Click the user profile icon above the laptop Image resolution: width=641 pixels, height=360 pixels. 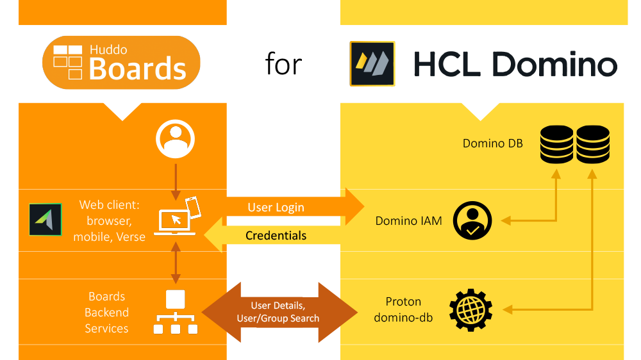click(175, 140)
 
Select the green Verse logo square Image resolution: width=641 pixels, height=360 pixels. click(46, 220)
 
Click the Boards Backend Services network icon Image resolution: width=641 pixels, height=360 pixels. click(175, 313)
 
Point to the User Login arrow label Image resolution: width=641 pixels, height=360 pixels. click(276, 208)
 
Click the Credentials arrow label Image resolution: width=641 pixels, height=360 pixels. click(276, 236)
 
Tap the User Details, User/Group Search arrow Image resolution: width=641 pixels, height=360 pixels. click(279, 312)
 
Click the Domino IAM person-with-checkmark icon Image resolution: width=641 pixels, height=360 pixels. click(472, 221)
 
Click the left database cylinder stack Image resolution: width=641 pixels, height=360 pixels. click(556, 143)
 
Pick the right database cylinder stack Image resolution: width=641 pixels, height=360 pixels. click(593, 143)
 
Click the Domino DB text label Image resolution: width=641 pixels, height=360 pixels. click(492, 143)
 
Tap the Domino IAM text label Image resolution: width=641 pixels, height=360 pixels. click(408, 222)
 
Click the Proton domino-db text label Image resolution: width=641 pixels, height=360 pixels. click(403, 309)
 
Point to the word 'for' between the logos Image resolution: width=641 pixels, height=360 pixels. click(283, 64)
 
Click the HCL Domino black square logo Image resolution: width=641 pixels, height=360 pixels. click(372, 64)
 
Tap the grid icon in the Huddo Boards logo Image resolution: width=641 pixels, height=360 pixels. click(67, 61)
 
